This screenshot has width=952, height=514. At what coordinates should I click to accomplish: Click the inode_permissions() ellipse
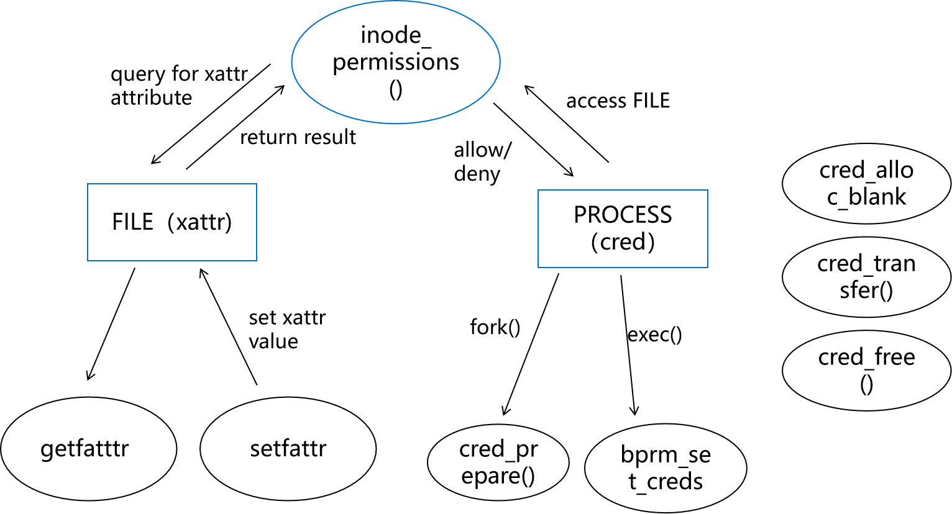(x=396, y=62)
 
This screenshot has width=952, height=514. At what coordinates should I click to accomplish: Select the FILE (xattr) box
(x=172, y=222)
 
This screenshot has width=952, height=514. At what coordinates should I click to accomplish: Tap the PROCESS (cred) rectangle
(x=623, y=228)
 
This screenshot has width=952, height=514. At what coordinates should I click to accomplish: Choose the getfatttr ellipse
(x=88, y=448)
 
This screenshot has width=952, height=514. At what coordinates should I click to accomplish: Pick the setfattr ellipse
(x=288, y=448)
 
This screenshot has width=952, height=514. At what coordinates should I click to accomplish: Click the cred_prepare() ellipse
(x=498, y=462)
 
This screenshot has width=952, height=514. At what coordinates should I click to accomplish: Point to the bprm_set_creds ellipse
(x=666, y=468)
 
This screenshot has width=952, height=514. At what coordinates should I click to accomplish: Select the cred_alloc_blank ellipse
(x=866, y=184)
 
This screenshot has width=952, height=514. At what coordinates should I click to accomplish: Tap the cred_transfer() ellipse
(x=866, y=277)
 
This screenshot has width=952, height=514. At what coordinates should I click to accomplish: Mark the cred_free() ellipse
(x=866, y=370)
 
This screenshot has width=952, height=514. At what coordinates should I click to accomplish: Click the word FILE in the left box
(x=132, y=222)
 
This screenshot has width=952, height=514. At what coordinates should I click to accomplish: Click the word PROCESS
(x=623, y=215)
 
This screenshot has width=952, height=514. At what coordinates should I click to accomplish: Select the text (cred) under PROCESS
(x=623, y=242)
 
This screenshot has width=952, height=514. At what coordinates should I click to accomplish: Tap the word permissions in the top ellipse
(x=396, y=62)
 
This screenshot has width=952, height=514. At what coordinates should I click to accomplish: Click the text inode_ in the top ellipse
(x=396, y=35)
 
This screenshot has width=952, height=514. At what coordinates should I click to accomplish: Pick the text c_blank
(x=866, y=197)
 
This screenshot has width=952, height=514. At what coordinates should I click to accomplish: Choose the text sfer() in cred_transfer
(x=866, y=291)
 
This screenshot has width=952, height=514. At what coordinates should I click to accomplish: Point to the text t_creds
(x=666, y=482)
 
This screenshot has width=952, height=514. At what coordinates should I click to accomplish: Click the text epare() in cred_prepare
(x=498, y=476)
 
